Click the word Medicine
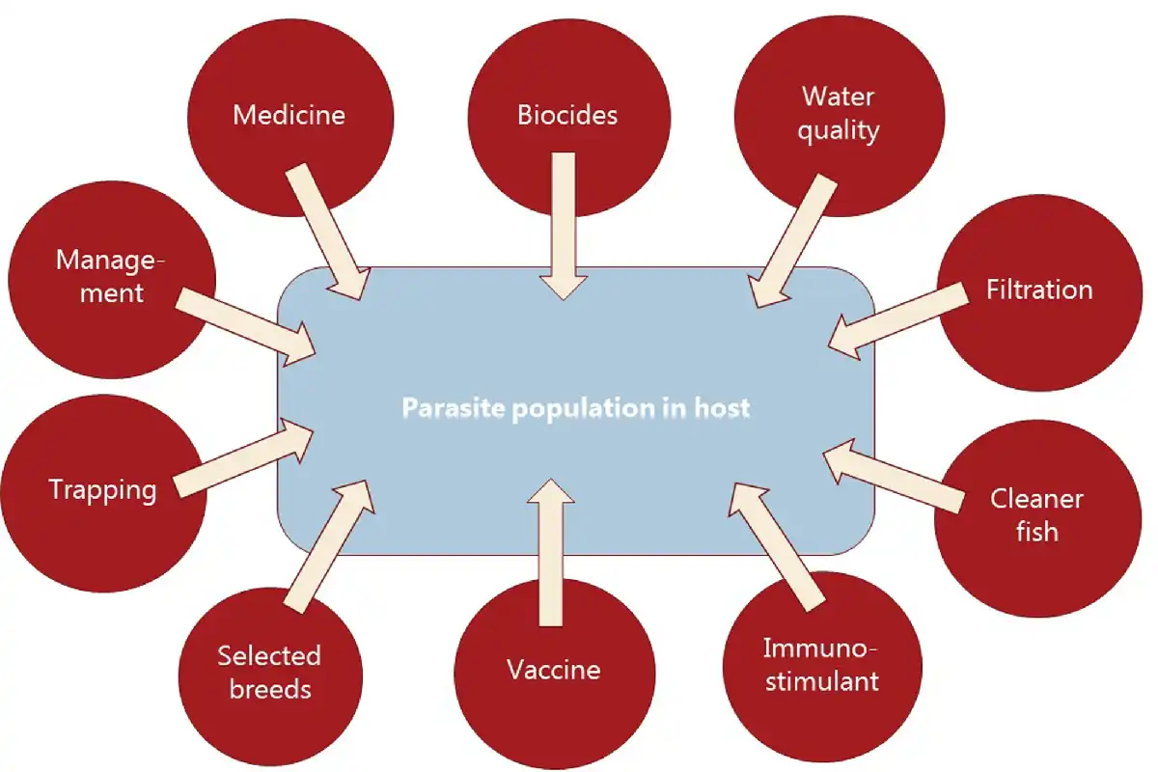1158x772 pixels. tap(289, 115)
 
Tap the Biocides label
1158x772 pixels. tap(567, 115)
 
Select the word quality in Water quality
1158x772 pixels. tap(839, 131)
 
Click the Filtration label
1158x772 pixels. tap(1039, 289)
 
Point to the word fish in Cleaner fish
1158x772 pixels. tap(1037, 532)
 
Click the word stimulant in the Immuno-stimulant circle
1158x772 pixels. tap(822, 681)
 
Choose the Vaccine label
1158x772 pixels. tap(554, 670)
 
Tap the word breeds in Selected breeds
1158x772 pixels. tap(270, 689)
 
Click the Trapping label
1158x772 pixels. tap(102, 491)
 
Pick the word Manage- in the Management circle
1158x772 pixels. tap(110, 260)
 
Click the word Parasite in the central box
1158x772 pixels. tap(454, 407)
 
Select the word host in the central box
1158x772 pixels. tap(722, 407)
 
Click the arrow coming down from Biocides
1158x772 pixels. tap(564, 226)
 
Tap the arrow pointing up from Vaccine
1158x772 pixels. tap(551, 552)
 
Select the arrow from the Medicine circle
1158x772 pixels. tap(327, 232)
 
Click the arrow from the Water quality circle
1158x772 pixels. tap(792, 241)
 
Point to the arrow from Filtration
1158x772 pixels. tap(897, 321)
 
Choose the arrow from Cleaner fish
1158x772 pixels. tap(894, 476)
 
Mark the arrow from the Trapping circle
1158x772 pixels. tap(243, 458)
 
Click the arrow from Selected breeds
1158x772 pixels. tap(329, 546)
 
